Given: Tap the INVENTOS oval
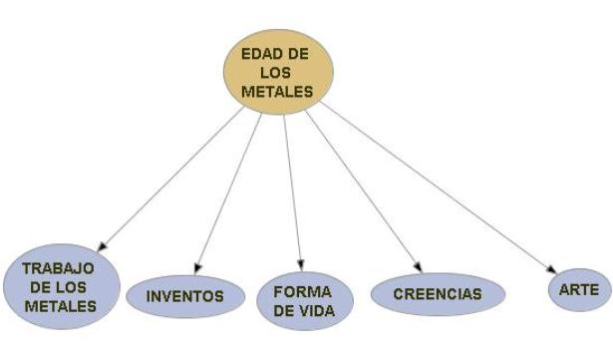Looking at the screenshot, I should coord(184,296).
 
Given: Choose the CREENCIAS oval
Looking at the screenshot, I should coord(437,294).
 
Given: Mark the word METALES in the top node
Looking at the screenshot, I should coord(277,93).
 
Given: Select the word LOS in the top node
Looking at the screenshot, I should coord(277,74).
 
